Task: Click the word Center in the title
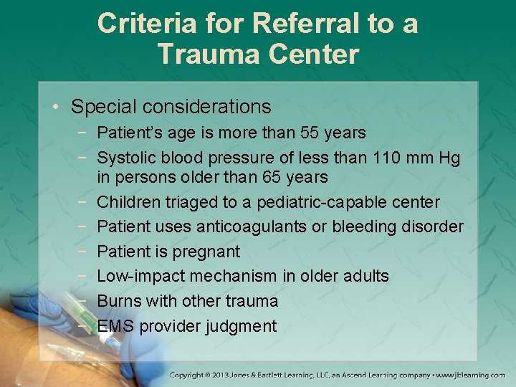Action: coord(317,54)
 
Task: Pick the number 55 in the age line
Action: coord(312,133)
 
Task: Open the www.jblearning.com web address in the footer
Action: coord(472,375)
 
